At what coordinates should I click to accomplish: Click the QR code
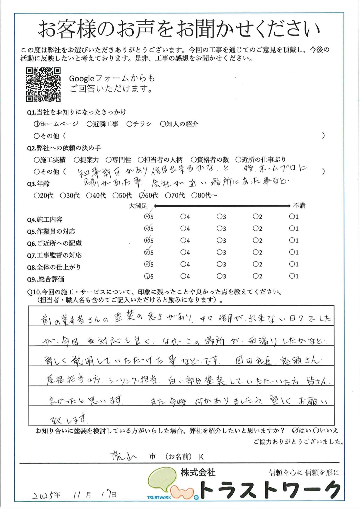click(43, 85)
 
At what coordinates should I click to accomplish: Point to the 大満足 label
click(138, 206)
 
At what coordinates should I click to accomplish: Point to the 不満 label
click(299, 205)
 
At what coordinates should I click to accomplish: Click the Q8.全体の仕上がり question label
click(54, 267)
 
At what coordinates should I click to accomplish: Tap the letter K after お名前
click(201, 457)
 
